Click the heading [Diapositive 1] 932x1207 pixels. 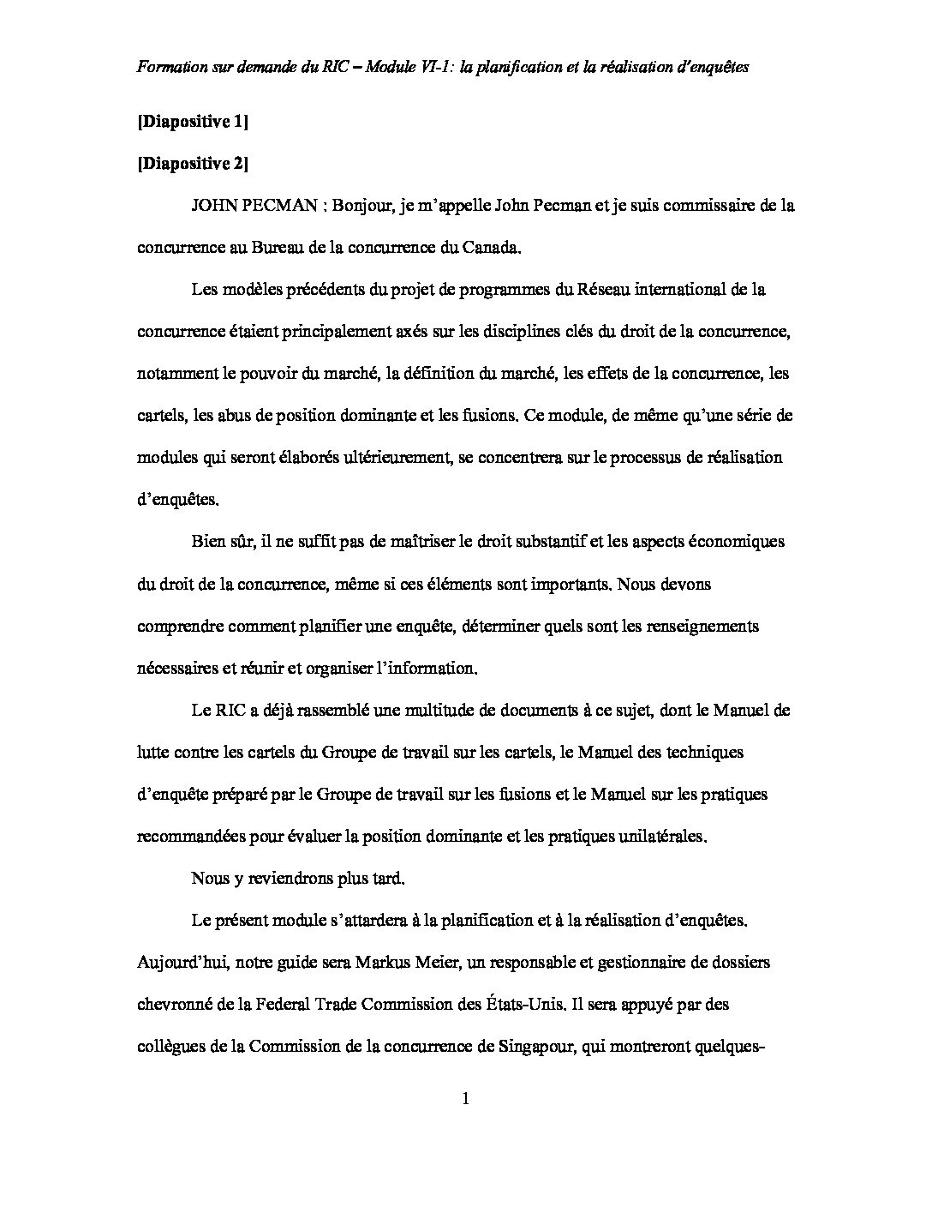[x=192, y=123]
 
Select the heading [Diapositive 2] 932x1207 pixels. [x=192, y=164]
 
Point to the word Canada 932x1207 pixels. [x=491, y=248]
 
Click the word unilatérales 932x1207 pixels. [x=663, y=836]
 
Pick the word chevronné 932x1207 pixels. [x=174, y=1004]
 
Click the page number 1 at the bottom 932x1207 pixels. [x=466, y=1100]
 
